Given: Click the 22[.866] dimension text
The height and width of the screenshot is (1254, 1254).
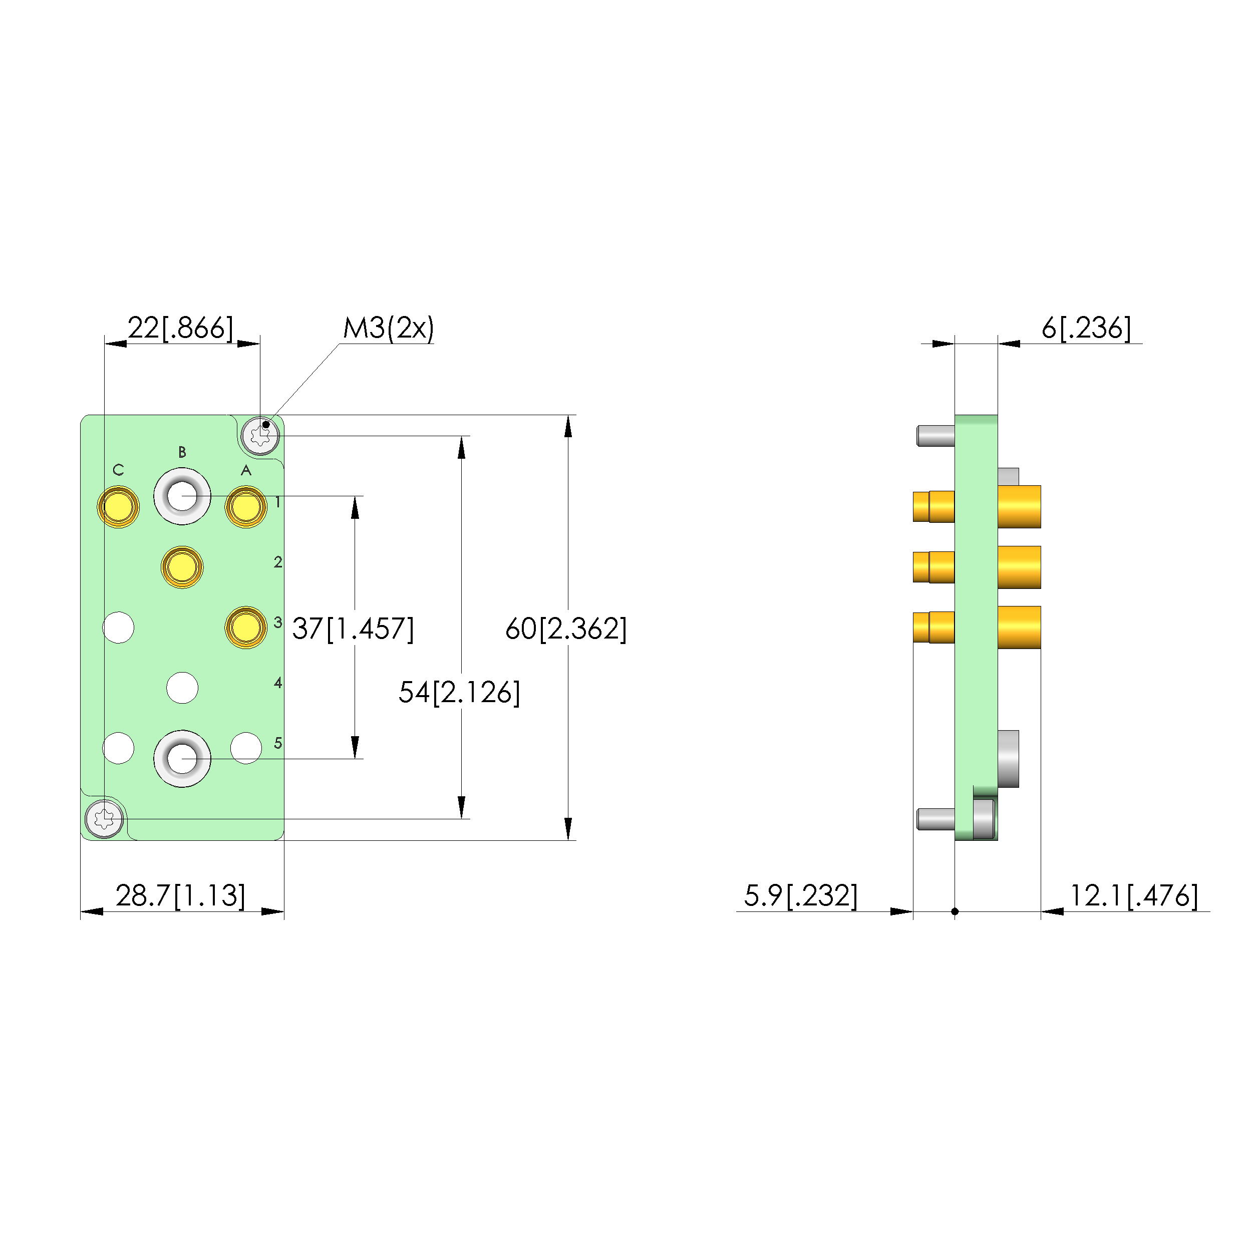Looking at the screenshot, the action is (180, 328).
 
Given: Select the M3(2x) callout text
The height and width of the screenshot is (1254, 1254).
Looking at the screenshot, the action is (388, 328).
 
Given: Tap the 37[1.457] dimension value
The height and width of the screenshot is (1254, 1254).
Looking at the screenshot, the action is (353, 629).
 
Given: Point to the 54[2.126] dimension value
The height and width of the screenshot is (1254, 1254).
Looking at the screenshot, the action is (459, 692).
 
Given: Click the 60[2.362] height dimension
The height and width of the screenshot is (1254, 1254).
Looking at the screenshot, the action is (566, 629).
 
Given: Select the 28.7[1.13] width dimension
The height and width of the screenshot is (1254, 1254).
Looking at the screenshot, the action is (180, 896).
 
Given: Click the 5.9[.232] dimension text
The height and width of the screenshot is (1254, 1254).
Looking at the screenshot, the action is (800, 896).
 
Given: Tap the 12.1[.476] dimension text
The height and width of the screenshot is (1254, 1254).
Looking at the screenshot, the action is (1133, 896).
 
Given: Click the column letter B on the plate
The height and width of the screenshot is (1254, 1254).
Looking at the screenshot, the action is (182, 452).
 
